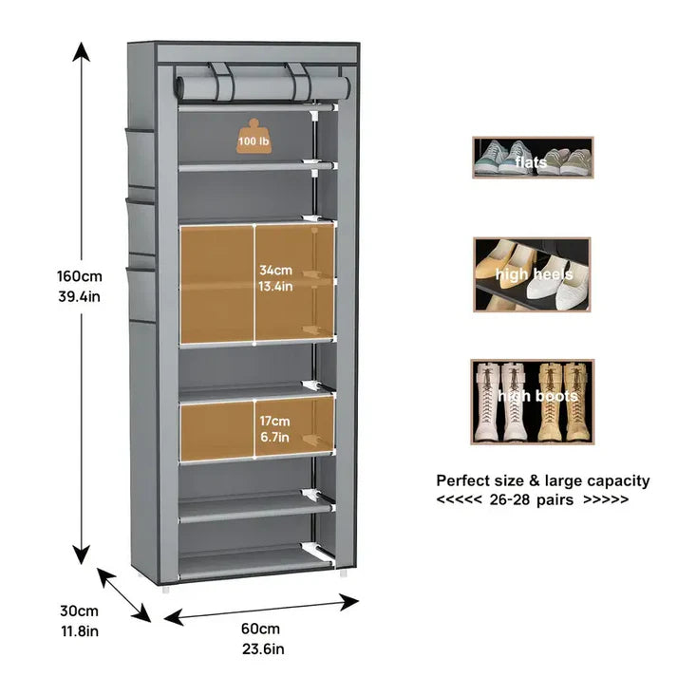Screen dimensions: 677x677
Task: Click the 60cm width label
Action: [x=259, y=630]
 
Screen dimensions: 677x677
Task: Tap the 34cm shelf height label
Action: [x=275, y=270]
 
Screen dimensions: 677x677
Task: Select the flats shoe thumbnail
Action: [x=533, y=158]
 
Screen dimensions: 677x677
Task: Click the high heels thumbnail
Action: [x=532, y=273]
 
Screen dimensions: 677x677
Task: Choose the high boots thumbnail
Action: [x=532, y=401]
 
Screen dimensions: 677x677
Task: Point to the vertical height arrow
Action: [x=84, y=304]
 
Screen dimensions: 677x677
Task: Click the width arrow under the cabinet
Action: [x=262, y=609]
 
